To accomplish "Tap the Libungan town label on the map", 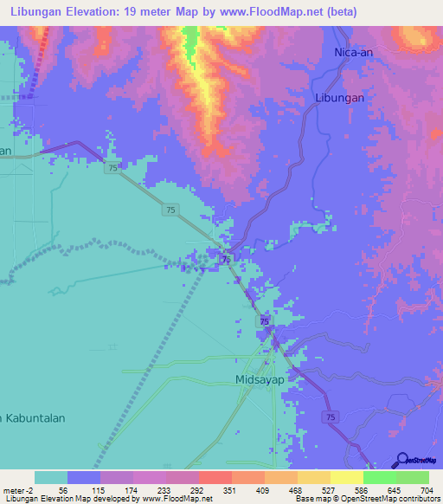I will pyautogui.click(x=339, y=98).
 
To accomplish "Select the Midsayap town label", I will pyautogui.click(x=260, y=379).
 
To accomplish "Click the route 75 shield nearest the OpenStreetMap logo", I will pyautogui.click(x=331, y=417).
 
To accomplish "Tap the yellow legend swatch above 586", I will pyautogui.click(x=346, y=477).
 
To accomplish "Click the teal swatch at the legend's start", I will pyautogui.click(x=51, y=477).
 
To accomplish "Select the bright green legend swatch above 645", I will pyautogui.click(x=379, y=477).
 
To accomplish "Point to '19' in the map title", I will pyautogui.click(x=143, y=13).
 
